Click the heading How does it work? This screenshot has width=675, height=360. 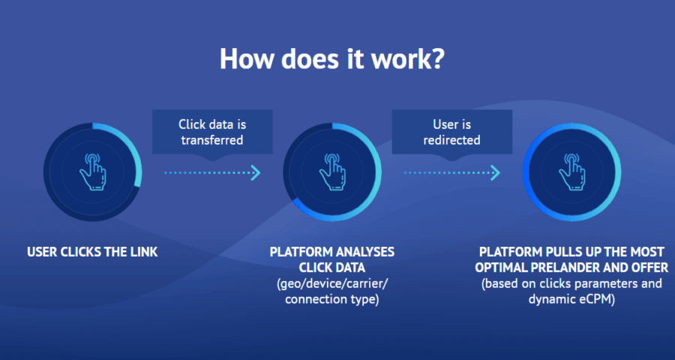tap(331, 58)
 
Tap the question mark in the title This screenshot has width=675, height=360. tap(435, 58)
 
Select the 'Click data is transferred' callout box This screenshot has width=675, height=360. tap(213, 132)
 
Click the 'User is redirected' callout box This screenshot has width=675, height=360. tap(452, 132)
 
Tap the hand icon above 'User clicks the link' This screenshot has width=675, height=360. tap(92, 172)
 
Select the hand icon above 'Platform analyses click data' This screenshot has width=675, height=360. tap(332, 172)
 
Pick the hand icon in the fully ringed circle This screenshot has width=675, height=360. tap(571, 172)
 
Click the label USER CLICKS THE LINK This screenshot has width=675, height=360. tap(92, 252)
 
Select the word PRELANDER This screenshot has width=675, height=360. tap(577, 268)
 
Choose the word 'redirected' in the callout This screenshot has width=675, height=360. tap(452, 140)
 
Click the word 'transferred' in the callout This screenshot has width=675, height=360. tap(212, 140)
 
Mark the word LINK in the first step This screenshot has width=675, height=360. tap(144, 252)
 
